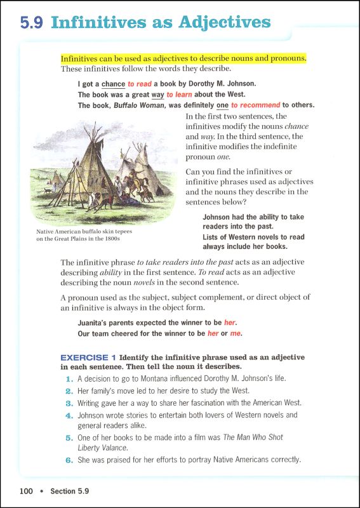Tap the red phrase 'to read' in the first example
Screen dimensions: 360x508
coord(140,84)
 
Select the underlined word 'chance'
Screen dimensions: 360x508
coord(113,84)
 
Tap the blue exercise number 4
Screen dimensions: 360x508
coord(70,415)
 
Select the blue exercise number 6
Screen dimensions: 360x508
coord(70,460)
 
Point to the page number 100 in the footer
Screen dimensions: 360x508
coord(25,491)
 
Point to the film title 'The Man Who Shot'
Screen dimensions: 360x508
coord(252,438)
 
